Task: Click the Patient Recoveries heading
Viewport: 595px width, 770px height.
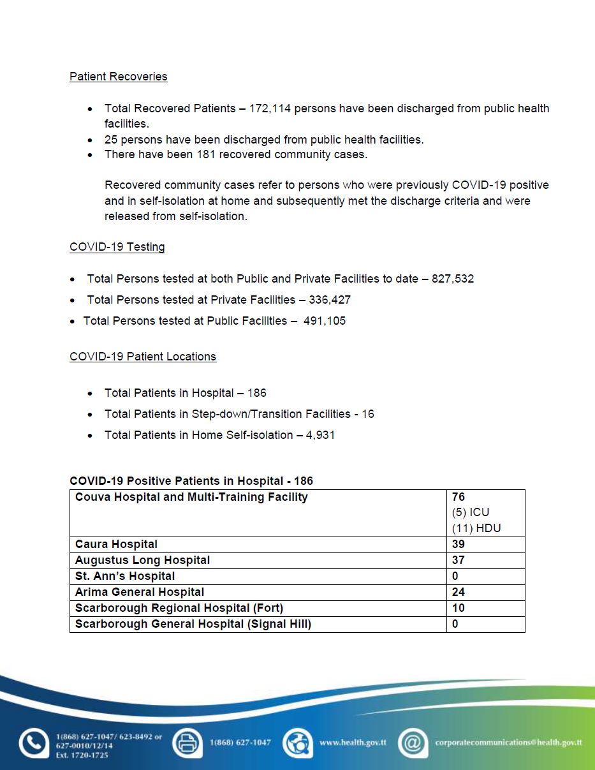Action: pyautogui.click(x=118, y=77)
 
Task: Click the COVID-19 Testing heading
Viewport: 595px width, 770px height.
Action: pyautogui.click(x=117, y=247)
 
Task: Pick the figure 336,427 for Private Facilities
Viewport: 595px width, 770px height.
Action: pyautogui.click(x=330, y=300)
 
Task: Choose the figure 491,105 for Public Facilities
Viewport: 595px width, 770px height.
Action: pyautogui.click(x=325, y=321)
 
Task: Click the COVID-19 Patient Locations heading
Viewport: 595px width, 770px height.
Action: pyautogui.click(x=143, y=357)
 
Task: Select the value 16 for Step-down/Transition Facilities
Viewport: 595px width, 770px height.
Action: pyautogui.click(x=368, y=414)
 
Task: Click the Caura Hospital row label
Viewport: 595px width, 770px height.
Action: pyautogui.click(x=116, y=544)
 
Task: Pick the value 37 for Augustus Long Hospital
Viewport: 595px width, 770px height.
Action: pyautogui.click(x=459, y=560)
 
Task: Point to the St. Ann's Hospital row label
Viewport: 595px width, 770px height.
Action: pyautogui.click(x=125, y=576)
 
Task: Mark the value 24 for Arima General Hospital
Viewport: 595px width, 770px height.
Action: pyautogui.click(x=459, y=592)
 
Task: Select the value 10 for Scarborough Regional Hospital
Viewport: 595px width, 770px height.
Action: pyautogui.click(x=459, y=608)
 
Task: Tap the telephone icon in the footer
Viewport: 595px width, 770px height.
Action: pyautogui.click(x=33, y=743)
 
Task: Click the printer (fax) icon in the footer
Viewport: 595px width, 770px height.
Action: pyautogui.click(x=187, y=743)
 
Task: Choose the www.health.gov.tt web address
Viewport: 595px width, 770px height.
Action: pyautogui.click(x=353, y=743)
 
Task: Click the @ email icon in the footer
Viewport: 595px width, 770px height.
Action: pyautogui.click(x=413, y=743)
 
